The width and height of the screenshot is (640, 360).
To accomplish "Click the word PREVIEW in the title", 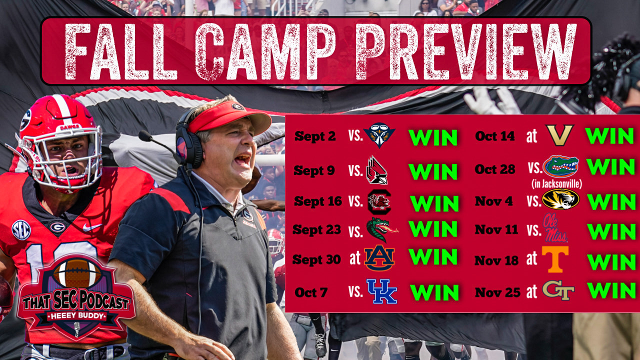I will click(x=465, y=51).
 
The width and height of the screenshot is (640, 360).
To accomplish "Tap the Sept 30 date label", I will click(x=316, y=259).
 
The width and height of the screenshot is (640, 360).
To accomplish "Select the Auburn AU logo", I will click(x=379, y=258).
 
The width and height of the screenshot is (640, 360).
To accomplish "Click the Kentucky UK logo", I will click(x=381, y=291).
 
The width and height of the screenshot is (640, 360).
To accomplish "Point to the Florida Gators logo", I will click(x=560, y=166).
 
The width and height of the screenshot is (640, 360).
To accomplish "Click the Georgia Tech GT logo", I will click(x=558, y=290).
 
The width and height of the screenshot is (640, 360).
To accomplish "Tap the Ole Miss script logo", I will click(x=555, y=228).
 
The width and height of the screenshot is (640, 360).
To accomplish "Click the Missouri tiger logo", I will click(x=560, y=199).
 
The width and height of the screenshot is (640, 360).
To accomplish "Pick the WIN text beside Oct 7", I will click(x=434, y=292).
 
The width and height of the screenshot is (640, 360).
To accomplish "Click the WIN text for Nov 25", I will click(x=610, y=290).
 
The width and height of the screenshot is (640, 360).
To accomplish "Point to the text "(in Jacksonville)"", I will click(x=556, y=184).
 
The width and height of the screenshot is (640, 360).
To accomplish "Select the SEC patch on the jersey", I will click(x=21, y=229).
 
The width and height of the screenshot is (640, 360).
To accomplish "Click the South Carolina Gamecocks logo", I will click(x=378, y=201).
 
